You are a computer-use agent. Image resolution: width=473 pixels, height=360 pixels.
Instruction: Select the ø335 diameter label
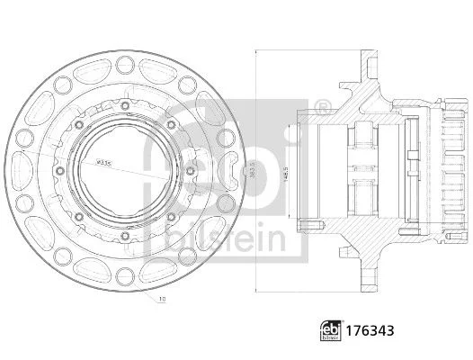click(104, 163)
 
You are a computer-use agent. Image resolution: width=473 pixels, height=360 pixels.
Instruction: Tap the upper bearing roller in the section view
click(364, 139)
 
